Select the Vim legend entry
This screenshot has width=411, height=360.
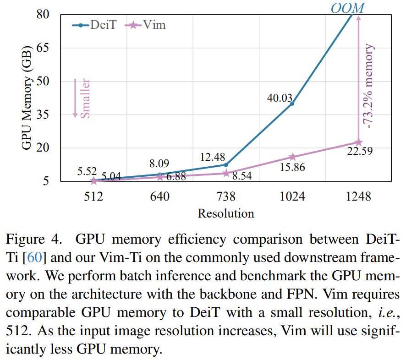point(146,25)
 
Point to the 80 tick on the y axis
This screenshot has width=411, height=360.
point(43,15)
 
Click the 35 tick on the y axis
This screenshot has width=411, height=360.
point(43,115)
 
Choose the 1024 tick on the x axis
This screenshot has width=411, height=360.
point(292,197)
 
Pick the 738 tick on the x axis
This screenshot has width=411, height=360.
point(226,197)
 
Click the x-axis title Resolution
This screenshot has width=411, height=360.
point(226,213)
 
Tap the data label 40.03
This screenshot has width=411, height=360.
point(279,97)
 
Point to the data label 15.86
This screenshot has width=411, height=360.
point(291,167)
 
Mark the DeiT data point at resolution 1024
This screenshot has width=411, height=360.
point(292,104)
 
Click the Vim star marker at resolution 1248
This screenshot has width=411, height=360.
point(359,142)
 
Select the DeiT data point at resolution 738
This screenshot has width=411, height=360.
point(226,164)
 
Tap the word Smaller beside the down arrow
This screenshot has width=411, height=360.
point(85,98)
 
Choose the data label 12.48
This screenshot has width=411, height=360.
point(213,157)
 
